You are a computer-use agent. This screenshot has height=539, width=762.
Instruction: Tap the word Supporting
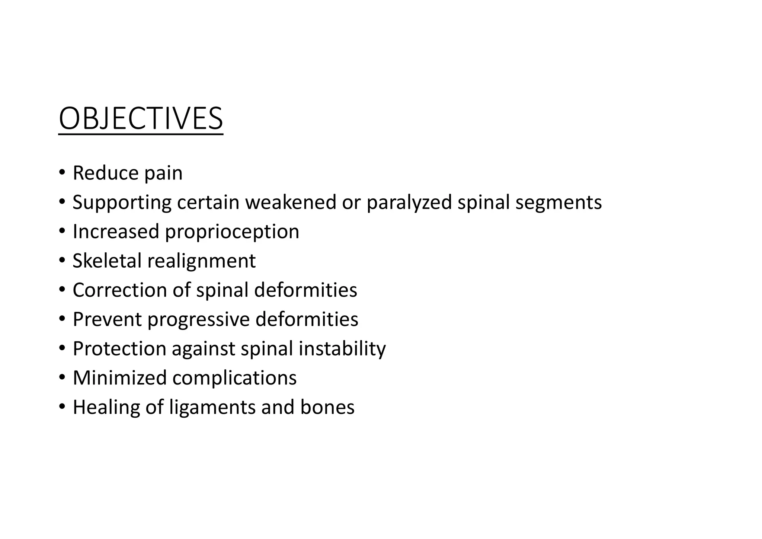[x=122, y=203]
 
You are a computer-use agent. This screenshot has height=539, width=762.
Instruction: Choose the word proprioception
[x=232, y=232]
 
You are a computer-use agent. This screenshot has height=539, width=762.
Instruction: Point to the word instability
[x=342, y=349]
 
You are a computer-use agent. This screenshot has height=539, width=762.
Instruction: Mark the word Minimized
[x=119, y=378]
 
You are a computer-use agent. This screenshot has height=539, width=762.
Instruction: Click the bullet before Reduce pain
[x=62, y=173]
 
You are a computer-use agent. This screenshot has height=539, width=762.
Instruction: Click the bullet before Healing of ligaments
[x=62, y=407]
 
